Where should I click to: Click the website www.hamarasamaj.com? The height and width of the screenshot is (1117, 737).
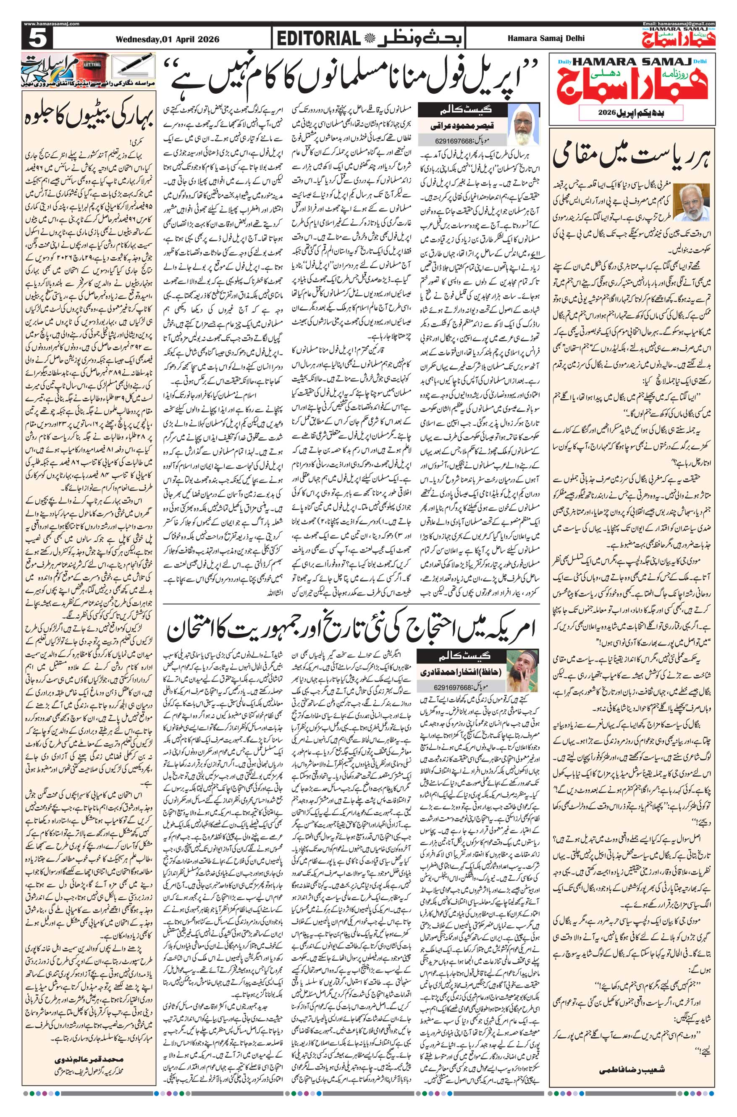[x=51, y=24]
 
